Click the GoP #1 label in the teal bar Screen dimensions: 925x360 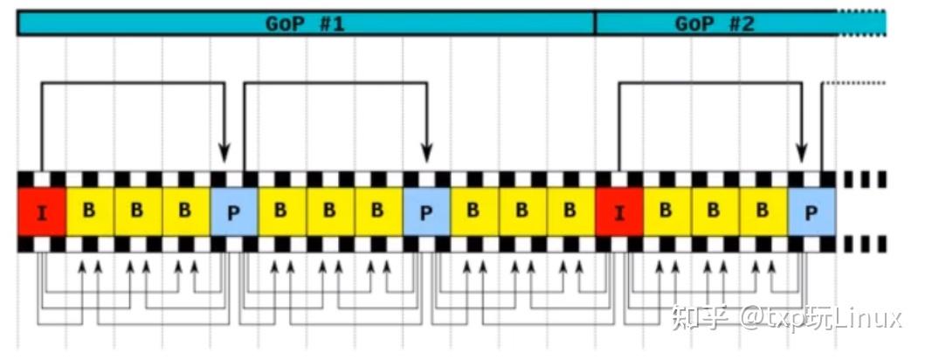tap(304, 24)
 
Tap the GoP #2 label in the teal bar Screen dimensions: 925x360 tap(714, 24)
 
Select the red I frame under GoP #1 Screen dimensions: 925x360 tap(41, 211)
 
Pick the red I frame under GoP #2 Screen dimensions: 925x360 tap(618, 211)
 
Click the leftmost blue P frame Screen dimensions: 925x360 tap(233, 211)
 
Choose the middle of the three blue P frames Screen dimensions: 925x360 tap(426, 211)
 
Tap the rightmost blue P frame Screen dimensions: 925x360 tap(811, 211)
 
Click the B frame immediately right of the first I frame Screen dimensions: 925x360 tap(90, 211)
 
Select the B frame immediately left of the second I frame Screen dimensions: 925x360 tap(570, 211)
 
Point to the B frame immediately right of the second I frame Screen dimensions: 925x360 tap(667, 211)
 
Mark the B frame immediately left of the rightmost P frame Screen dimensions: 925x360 tap(764, 211)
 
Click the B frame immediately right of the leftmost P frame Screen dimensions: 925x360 tap(282, 211)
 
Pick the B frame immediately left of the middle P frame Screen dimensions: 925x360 tap(378, 211)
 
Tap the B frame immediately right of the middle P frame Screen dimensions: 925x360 tap(474, 211)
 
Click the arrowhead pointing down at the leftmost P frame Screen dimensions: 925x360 tap(224, 153)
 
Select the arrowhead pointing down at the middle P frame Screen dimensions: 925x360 tap(427, 153)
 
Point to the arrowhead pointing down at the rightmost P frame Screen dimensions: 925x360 tap(800, 153)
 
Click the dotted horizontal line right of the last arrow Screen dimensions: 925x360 tap(854, 83)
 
